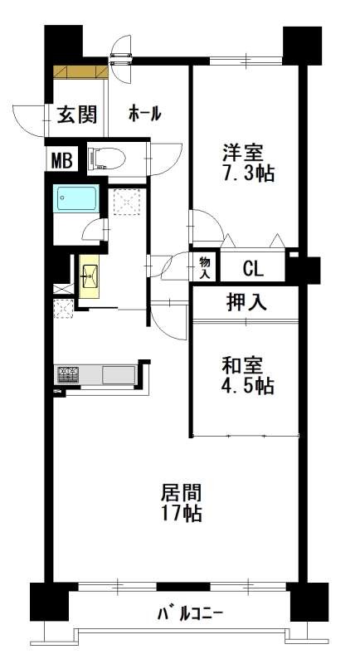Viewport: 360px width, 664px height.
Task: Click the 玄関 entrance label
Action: coord(77,114)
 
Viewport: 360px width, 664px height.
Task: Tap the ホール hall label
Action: coord(144,114)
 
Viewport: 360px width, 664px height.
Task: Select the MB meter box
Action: coord(62,160)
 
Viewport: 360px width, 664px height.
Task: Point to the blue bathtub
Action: coord(76,198)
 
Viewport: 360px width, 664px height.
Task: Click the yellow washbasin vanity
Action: coord(89,276)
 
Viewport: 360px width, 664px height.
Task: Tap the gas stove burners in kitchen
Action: coord(69,373)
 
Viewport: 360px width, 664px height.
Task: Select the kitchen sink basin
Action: coord(119,375)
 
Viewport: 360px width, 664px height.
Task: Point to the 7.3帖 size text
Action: coord(248,174)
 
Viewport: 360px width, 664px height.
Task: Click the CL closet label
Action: coord(253,268)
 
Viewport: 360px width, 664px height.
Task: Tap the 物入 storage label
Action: coord(205,267)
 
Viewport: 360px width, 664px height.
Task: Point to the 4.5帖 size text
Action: coord(247,387)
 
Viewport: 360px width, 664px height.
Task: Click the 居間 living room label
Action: coord(181,493)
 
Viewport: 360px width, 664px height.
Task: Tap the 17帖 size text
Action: coord(181,514)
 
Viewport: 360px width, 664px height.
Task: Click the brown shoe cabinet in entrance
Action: coord(80,72)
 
